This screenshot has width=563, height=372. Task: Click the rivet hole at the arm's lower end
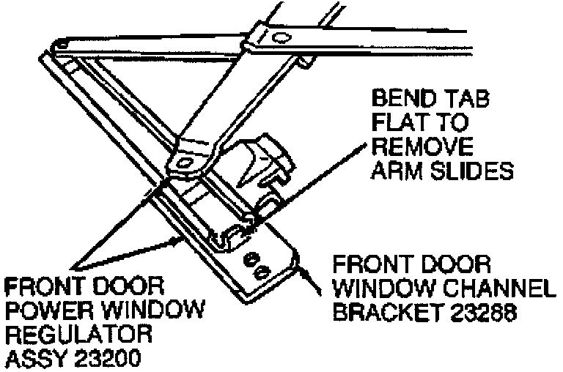pos(183,160)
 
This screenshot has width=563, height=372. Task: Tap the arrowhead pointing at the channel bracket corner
pos(301,268)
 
